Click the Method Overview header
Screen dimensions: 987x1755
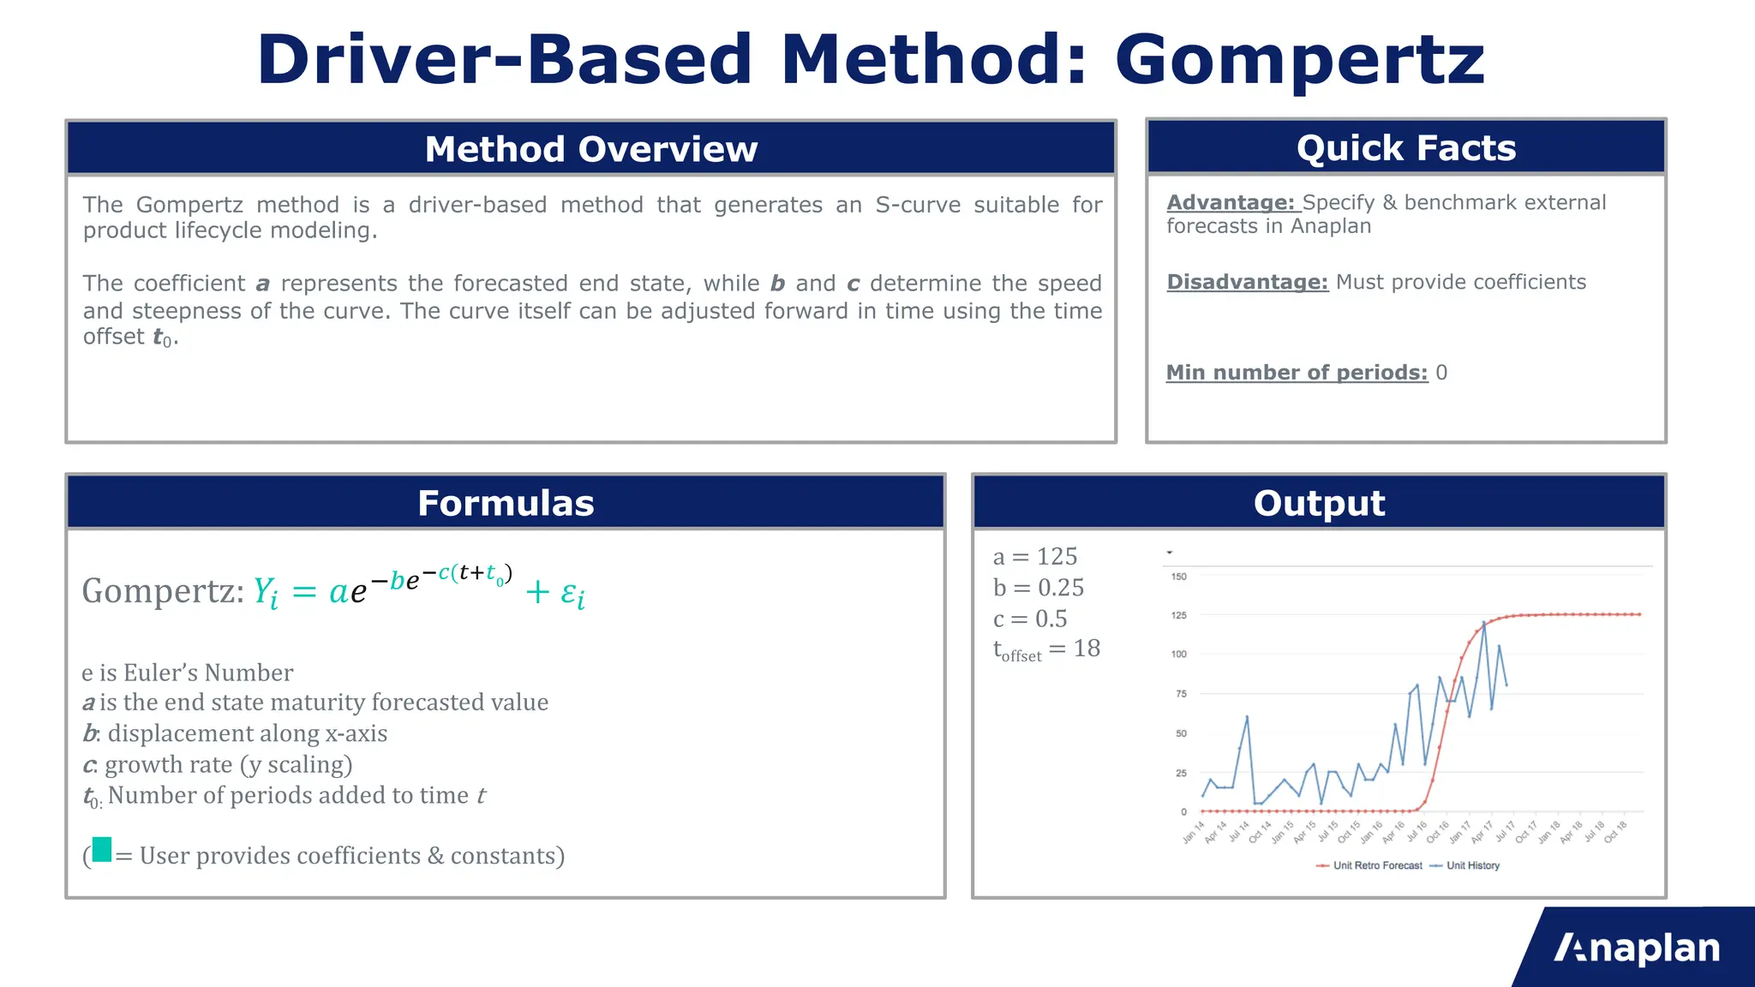click(591, 149)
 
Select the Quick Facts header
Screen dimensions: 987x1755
click(1405, 148)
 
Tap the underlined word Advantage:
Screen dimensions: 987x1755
click(1231, 203)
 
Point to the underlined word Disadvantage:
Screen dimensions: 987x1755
click(1247, 283)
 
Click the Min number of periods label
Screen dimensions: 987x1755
click(1297, 373)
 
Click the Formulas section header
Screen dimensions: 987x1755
click(506, 503)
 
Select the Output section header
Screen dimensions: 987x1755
click(1319, 503)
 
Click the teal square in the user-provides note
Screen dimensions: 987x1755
click(102, 850)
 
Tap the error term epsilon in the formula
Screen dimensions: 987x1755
click(572, 594)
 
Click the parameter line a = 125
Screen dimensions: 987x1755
click(1034, 557)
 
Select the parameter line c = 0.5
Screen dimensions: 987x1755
click(1029, 619)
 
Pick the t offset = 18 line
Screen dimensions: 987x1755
click(1046, 649)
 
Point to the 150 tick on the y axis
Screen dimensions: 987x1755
click(1179, 577)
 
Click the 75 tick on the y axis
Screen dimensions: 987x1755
click(1181, 694)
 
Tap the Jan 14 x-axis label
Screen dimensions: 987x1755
click(1193, 832)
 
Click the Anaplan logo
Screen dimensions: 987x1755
click(1637, 948)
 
